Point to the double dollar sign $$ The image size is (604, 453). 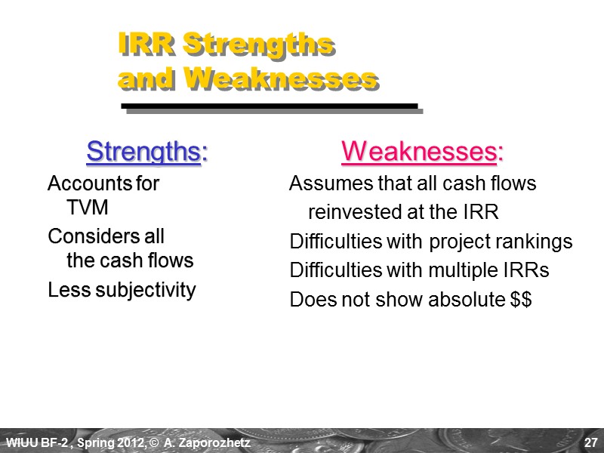click(x=521, y=300)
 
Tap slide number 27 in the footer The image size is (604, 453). click(x=589, y=441)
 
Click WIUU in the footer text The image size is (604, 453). click(x=19, y=441)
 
